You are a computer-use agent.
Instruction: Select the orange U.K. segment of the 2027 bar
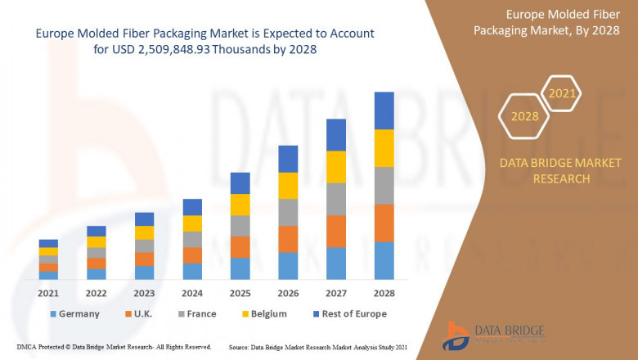[x=336, y=232]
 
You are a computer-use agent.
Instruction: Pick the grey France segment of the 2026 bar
[x=288, y=212]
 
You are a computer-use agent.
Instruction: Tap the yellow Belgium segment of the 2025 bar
[x=240, y=205]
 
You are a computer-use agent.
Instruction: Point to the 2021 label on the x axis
[x=48, y=293]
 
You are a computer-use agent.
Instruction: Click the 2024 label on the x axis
[x=192, y=293]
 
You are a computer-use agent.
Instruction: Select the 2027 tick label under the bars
[x=336, y=293]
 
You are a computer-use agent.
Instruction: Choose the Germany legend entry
[x=74, y=313]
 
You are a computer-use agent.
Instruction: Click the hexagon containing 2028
[x=524, y=116]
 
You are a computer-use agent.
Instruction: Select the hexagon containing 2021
[x=562, y=94]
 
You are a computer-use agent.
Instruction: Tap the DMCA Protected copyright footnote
[x=114, y=348]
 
